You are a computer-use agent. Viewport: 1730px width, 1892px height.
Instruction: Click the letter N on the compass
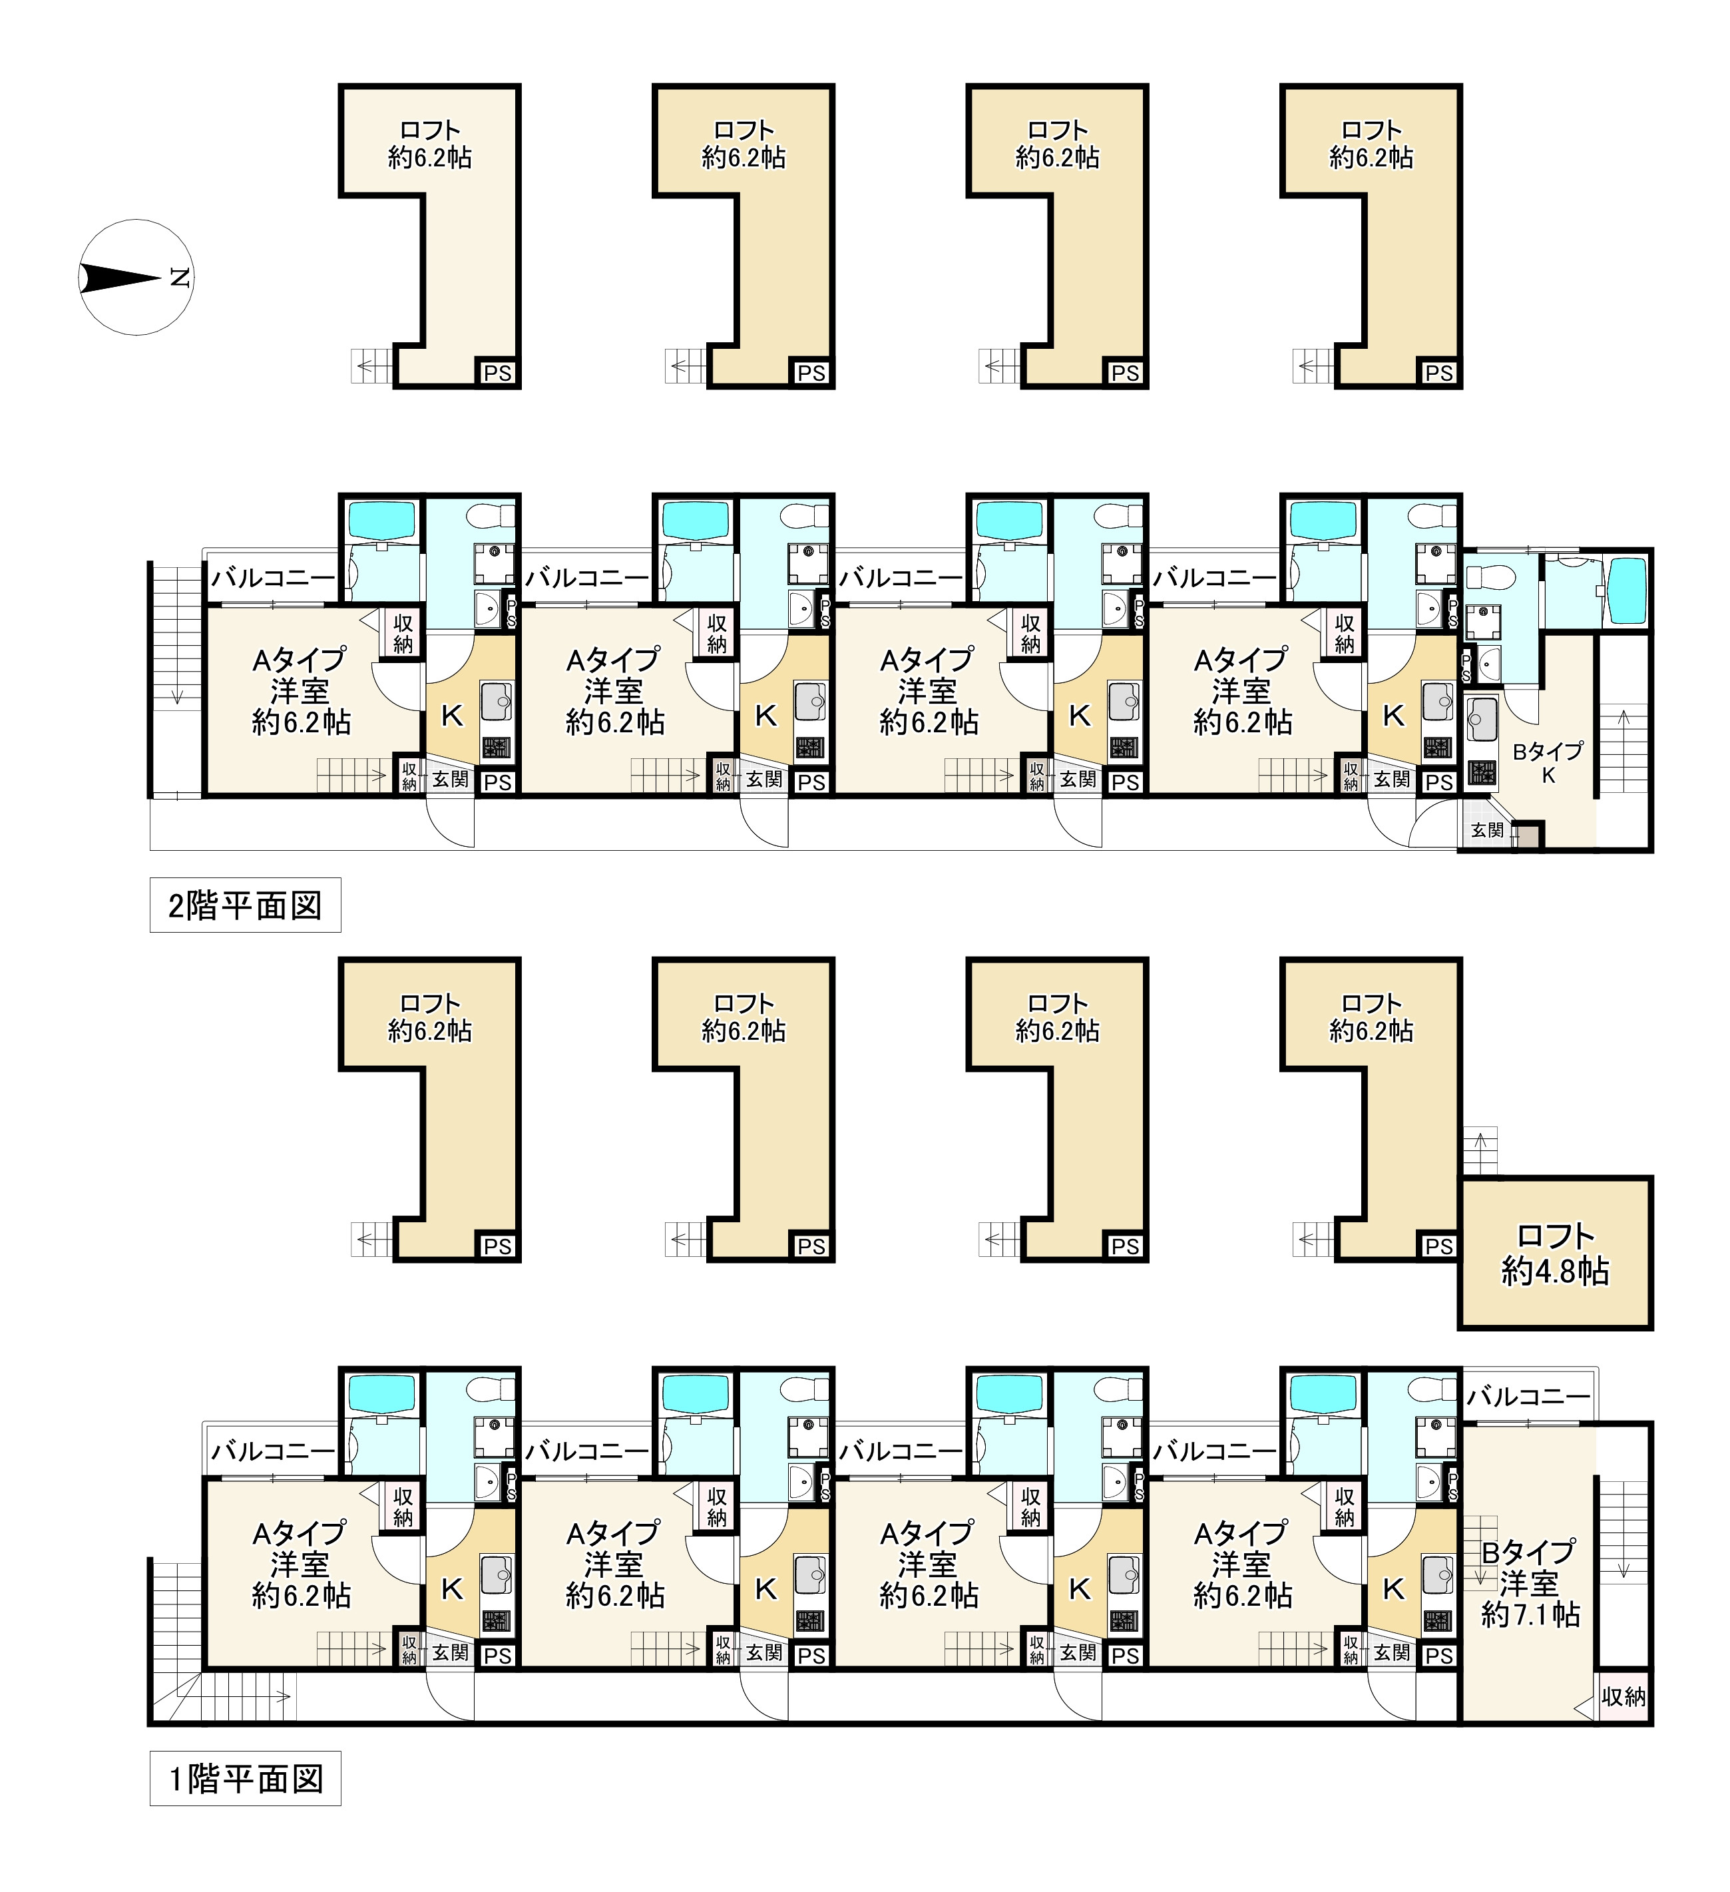coord(180,278)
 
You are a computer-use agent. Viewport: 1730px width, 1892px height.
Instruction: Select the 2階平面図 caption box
coord(245,905)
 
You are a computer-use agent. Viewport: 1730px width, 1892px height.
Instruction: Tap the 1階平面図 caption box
coord(245,1778)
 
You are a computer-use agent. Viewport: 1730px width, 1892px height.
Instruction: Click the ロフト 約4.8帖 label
coord(1556,1254)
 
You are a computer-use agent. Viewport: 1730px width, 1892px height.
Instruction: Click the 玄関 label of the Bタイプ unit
coord(1487,829)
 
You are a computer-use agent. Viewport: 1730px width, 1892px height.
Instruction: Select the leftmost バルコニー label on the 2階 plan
coord(273,578)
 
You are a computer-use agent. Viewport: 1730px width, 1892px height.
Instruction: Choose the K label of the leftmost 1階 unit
coord(452,1589)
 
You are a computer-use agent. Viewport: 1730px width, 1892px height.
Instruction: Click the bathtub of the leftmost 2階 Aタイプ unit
coord(381,520)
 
